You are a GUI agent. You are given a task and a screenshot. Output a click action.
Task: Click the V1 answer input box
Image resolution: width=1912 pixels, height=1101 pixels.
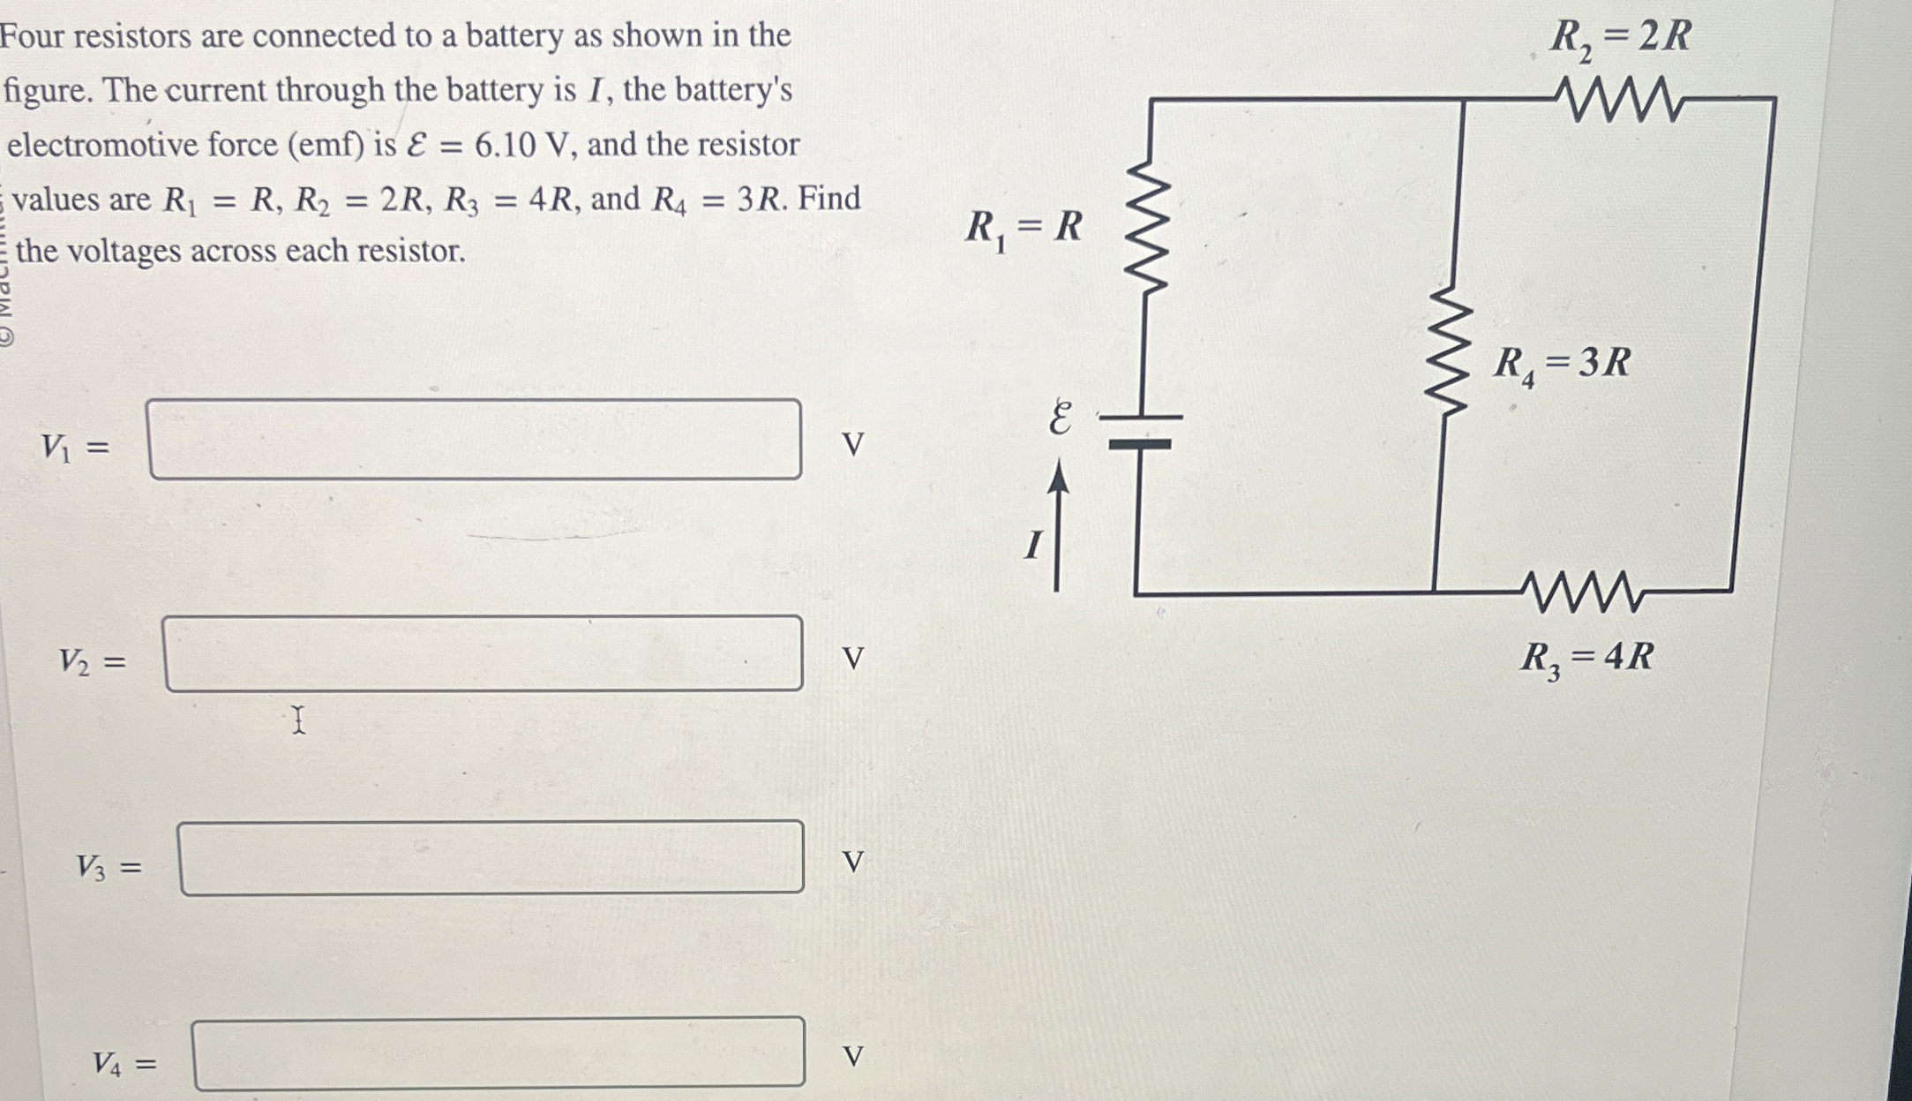tap(475, 440)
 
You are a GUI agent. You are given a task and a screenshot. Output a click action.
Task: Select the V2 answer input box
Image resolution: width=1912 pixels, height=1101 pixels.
tap(483, 654)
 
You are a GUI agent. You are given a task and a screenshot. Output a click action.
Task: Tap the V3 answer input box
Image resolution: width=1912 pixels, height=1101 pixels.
tap(491, 858)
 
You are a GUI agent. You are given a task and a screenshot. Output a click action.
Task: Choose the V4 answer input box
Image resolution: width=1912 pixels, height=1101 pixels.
tap(499, 1053)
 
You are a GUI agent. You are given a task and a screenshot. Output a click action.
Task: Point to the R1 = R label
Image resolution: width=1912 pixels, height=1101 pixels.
tap(1023, 229)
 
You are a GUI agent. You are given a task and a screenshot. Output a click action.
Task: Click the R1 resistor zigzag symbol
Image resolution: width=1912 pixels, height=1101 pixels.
tap(1146, 226)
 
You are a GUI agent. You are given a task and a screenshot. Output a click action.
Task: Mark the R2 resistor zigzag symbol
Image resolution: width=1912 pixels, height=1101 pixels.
tap(1619, 98)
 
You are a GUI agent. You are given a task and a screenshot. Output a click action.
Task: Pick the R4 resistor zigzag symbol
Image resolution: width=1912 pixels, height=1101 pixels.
tap(1451, 350)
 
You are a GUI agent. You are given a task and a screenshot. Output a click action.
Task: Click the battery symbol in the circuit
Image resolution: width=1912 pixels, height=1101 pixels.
tap(1140, 431)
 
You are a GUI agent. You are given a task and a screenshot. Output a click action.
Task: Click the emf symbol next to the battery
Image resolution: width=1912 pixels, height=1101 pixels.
tap(1061, 418)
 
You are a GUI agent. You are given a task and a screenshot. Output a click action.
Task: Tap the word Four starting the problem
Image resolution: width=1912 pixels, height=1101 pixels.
tap(34, 36)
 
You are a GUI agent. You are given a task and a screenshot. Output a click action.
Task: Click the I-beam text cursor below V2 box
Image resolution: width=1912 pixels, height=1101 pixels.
tap(299, 720)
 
